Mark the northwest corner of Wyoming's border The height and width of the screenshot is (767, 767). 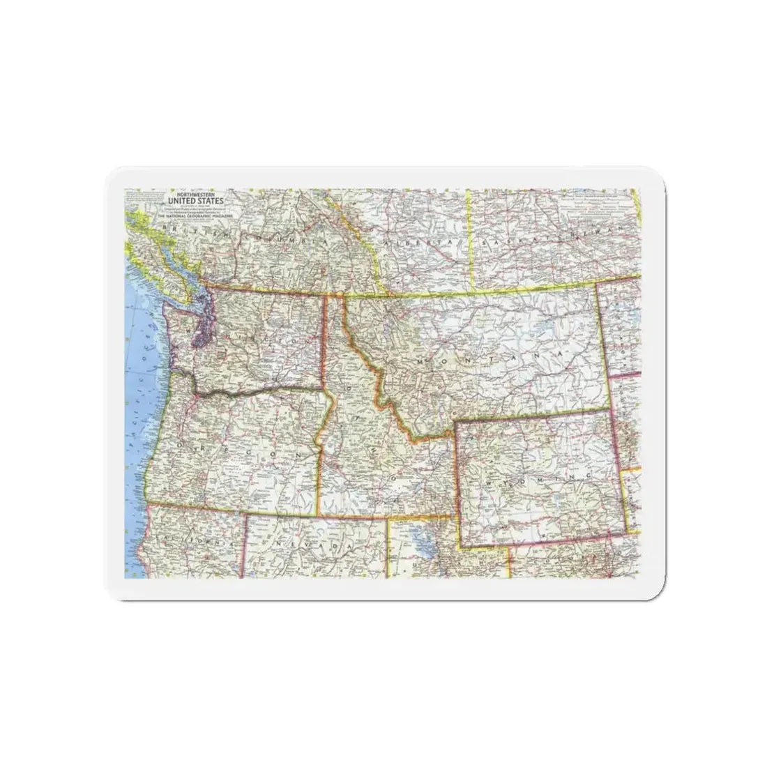coord(455,422)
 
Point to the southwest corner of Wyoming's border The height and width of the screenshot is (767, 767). coord(460,547)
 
